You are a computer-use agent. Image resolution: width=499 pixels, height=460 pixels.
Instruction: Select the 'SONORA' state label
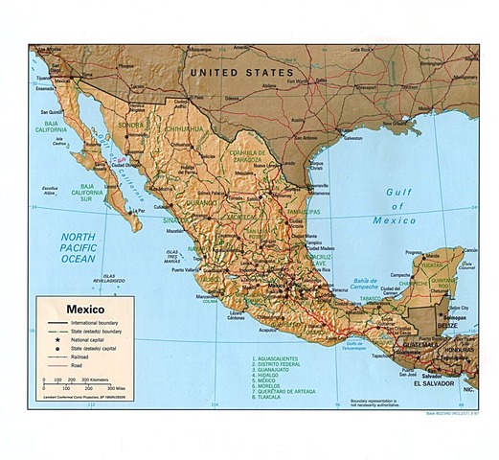pyautogui.click(x=130, y=126)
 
